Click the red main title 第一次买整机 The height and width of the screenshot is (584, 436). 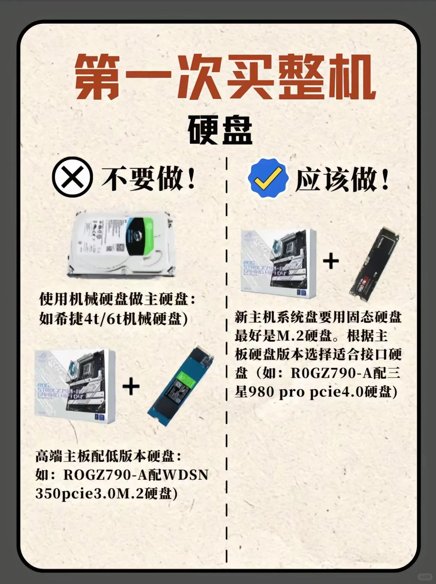225,76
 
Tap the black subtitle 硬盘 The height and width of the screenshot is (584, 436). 220,130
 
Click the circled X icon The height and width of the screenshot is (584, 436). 72,177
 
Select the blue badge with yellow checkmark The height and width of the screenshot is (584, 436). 268,178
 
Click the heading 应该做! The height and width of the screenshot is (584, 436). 342,179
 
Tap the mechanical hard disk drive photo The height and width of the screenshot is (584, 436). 121,245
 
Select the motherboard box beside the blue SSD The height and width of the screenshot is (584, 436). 75,386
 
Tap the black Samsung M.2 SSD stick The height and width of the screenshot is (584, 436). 374,264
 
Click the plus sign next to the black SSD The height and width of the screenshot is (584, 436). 331,261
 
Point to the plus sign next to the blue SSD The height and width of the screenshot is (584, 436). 131,387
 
